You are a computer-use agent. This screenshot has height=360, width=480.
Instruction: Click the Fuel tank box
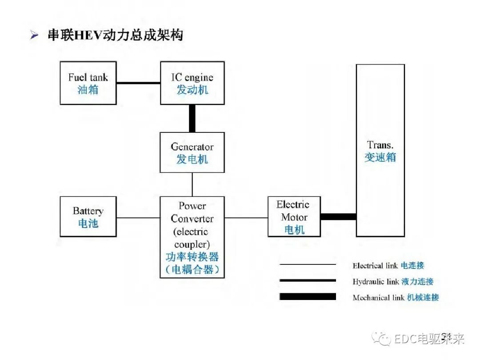pyautogui.click(x=88, y=83)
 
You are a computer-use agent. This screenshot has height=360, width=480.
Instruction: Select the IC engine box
pyautogui.click(x=192, y=83)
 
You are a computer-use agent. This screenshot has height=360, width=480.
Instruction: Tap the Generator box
pyautogui.click(x=192, y=152)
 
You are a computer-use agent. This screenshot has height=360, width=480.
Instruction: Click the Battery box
pyautogui.click(x=88, y=216)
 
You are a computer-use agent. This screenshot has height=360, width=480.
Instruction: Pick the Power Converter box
pyautogui.click(x=192, y=237)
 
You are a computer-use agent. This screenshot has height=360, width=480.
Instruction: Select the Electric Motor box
pyautogui.click(x=294, y=216)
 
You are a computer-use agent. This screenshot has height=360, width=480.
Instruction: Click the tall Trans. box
pyautogui.click(x=380, y=150)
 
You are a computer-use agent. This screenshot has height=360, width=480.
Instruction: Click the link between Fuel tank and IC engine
pyautogui.click(x=138, y=82)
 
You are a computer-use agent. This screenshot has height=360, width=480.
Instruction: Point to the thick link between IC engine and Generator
pyautogui.click(x=192, y=118)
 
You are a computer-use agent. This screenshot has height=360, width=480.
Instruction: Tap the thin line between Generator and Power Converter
pyautogui.click(x=192, y=184)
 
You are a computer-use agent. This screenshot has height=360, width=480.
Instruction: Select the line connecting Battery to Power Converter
pyautogui.click(x=138, y=218)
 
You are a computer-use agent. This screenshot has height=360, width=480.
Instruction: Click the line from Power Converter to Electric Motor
pyautogui.click(x=246, y=218)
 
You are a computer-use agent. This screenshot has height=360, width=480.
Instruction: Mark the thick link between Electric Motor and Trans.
pyautogui.click(x=338, y=217)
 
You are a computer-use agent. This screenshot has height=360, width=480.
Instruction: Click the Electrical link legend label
pyautogui.click(x=388, y=266)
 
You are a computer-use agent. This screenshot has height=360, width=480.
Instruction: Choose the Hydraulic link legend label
pyautogui.click(x=392, y=282)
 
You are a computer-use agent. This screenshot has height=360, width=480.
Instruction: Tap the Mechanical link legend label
pyautogui.click(x=396, y=298)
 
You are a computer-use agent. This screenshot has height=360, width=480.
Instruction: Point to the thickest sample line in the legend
pyautogui.click(x=308, y=297)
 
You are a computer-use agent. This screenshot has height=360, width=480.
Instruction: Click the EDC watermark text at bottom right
pyautogui.click(x=428, y=340)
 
